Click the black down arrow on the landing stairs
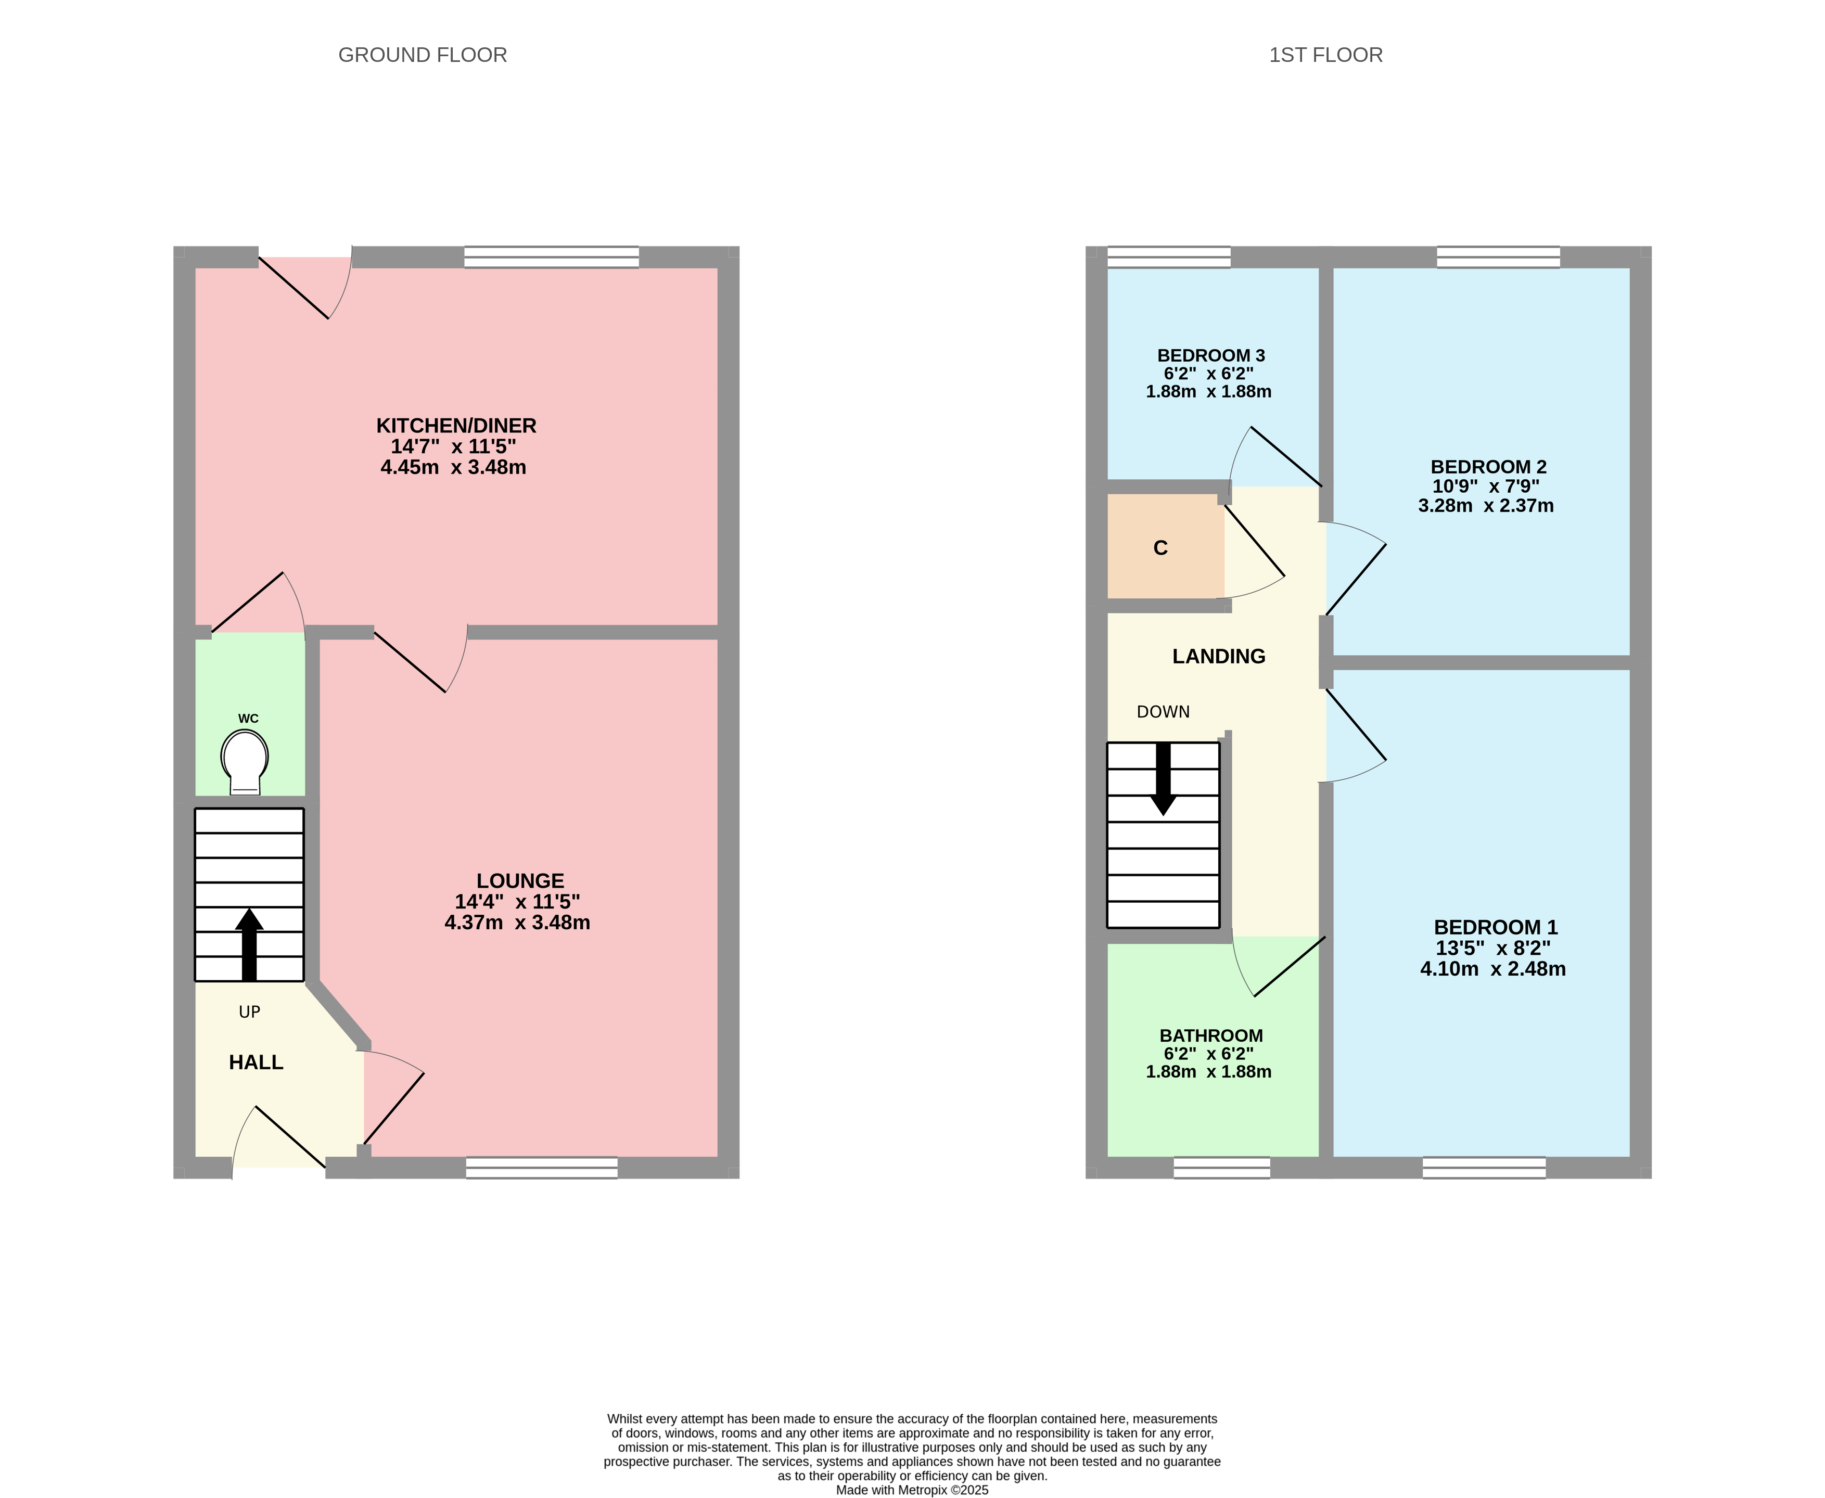[1163, 777]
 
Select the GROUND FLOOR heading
[422, 55]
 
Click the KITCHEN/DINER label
[456, 426]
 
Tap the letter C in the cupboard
[1160, 548]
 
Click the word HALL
[256, 1062]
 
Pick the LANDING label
[1218, 657]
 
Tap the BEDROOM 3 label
[1210, 355]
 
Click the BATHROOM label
[1210, 1035]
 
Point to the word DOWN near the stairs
[1163, 712]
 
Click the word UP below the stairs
[249, 1012]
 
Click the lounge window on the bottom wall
[541, 1168]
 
